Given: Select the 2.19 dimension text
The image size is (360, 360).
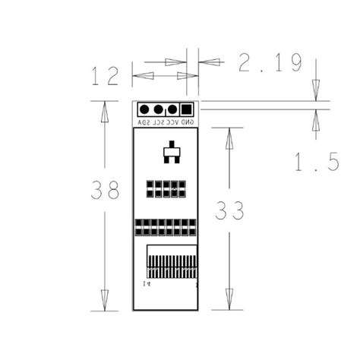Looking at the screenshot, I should (270, 63).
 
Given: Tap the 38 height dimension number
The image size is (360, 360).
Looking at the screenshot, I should (105, 191).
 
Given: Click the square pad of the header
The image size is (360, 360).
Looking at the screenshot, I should (186, 109).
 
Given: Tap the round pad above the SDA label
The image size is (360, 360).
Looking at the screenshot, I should (144, 109).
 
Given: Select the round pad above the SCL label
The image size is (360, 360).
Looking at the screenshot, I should (158, 109).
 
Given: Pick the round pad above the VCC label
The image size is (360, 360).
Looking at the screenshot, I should (172, 109).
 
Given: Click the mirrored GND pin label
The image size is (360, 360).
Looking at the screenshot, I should (187, 122).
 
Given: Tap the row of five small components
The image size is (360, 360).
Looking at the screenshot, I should (166, 188).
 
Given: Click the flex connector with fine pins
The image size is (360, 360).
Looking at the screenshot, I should (170, 263).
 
